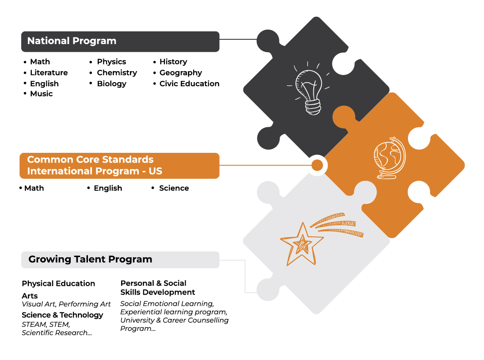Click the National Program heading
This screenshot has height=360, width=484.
click(x=72, y=41)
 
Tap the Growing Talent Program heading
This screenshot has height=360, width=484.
click(x=90, y=259)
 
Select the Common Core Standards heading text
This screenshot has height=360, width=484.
click(x=95, y=165)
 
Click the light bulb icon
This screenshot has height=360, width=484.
click(x=308, y=88)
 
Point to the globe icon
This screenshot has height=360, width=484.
click(x=389, y=158)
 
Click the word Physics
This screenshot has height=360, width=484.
click(x=111, y=62)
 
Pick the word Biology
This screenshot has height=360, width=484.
click(x=111, y=84)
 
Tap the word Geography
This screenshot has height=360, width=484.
click(x=181, y=73)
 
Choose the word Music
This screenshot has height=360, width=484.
click(x=42, y=94)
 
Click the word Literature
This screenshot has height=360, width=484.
click(x=49, y=73)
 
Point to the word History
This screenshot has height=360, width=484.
click(x=173, y=62)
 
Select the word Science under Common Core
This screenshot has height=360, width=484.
click(x=174, y=188)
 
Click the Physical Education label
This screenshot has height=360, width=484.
click(x=58, y=284)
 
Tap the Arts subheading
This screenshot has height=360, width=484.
click(x=30, y=296)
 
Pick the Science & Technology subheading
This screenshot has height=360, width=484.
click(x=62, y=315)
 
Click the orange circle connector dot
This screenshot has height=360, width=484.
click(x=317, y=165)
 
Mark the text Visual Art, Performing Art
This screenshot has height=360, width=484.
click(x=66, y=304)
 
